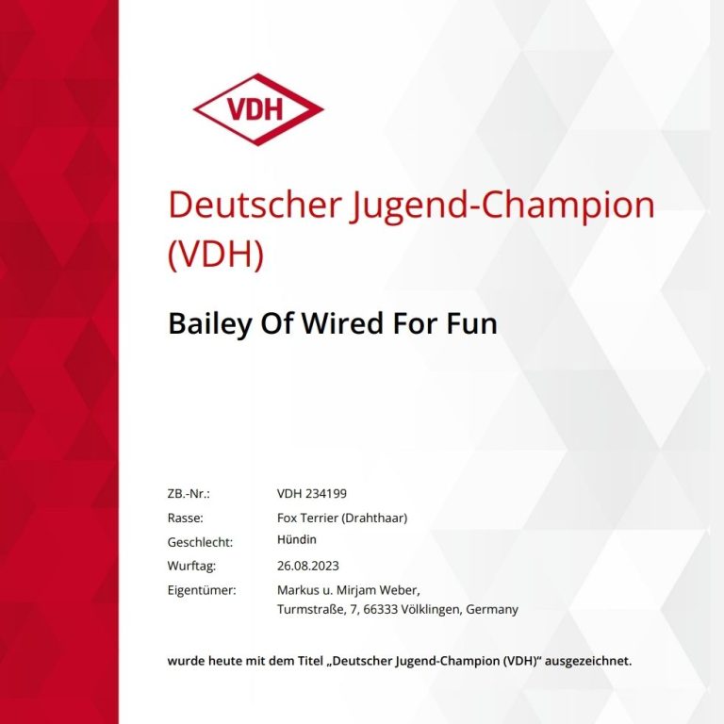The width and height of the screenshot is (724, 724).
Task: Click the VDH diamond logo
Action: pos(258,109)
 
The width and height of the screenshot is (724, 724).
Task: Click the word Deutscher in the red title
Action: pos(255,205)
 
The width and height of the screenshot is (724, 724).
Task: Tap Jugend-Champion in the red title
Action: pos(502,207)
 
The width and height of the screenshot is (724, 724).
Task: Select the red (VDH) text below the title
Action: pos(216,254)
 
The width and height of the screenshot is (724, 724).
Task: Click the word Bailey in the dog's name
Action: pos(210,323)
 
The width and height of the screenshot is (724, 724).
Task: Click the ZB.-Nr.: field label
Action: pos(189,494)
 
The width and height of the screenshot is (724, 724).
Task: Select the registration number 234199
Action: pos(326,494)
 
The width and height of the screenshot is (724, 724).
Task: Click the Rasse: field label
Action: pos(185,518)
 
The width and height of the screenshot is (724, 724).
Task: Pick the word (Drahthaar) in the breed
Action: pos(374,518)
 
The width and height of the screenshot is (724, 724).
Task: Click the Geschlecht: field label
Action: pos(200,542)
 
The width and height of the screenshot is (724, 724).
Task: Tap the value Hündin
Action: pos(296,539)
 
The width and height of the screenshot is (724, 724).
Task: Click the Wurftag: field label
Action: pos(191,566)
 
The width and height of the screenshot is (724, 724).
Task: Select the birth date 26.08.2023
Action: pos(308,566)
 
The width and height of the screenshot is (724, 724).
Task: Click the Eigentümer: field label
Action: pos(202,590)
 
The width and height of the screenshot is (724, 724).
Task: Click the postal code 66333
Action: pos(381,610)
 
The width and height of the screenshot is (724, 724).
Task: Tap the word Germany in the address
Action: pos(492,610)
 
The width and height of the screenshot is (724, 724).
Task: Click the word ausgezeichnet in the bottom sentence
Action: pos(588,661)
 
